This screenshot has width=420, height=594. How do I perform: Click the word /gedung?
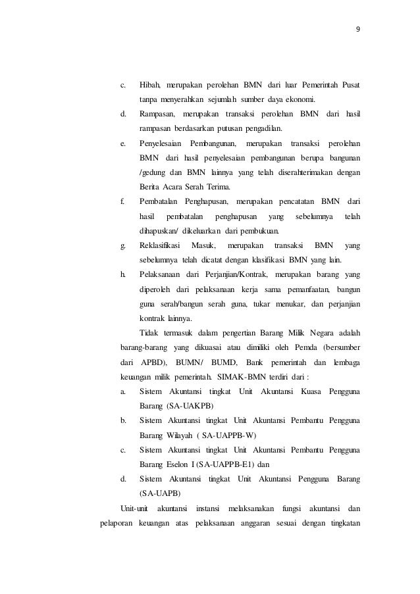coord(153,173)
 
